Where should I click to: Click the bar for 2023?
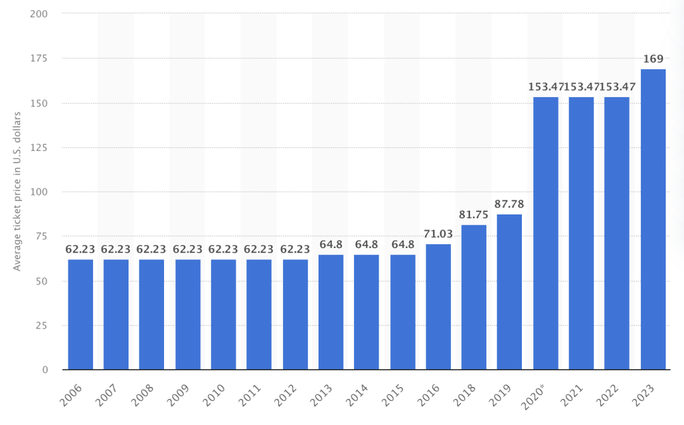click(x=653, y=219)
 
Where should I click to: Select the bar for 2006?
click(x=80, y=315)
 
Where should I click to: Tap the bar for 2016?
click(x=438, y=307)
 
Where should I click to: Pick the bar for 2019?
click(x=510, y=292)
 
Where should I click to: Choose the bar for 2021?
click(x=581, y=233)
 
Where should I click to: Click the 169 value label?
click(x=653, y=60)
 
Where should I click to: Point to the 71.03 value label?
click(x=438, y=235)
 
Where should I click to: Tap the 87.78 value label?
click(x=510, y=205)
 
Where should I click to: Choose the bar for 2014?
click(x=367, y=312)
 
